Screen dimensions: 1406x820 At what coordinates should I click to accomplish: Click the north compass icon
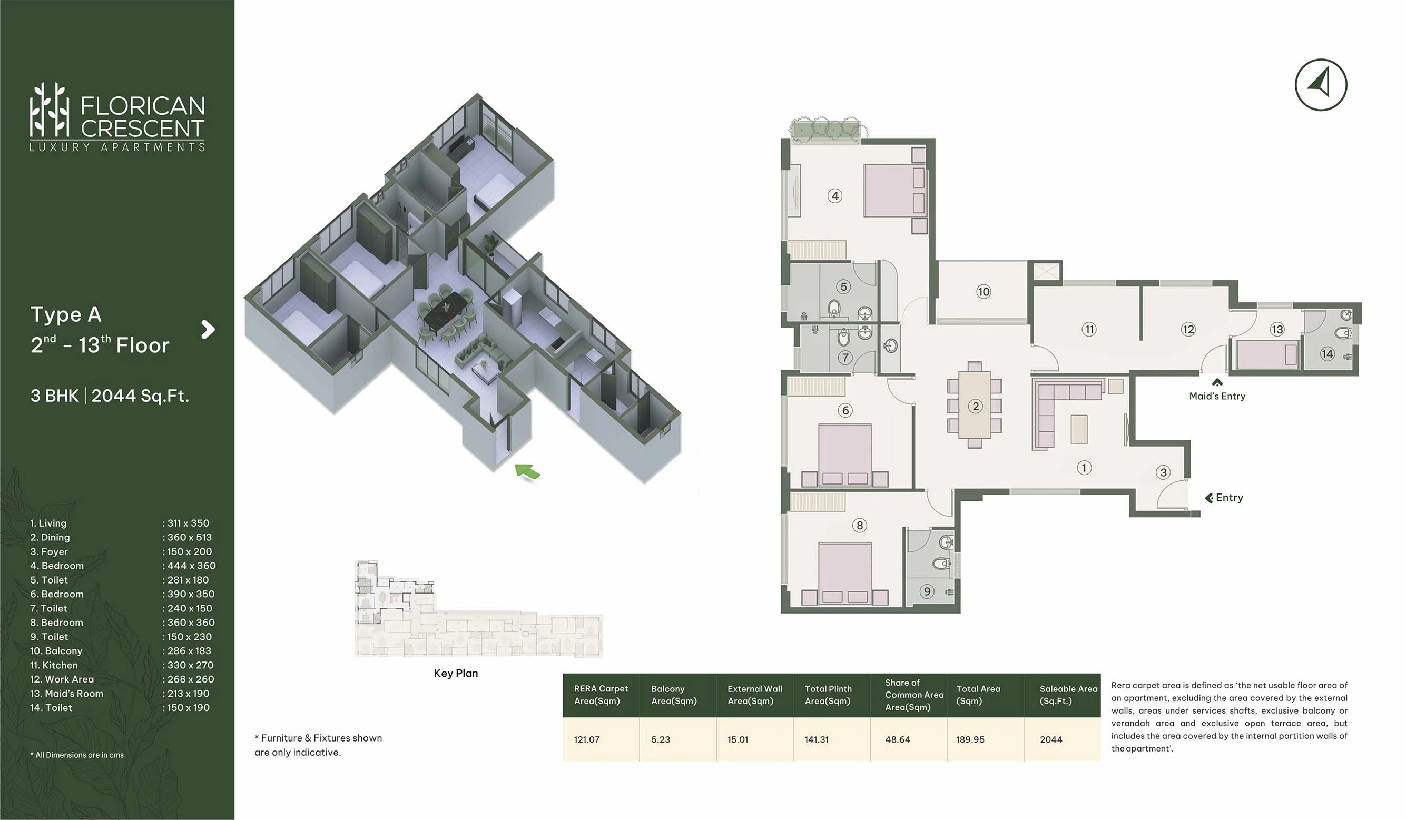1321,85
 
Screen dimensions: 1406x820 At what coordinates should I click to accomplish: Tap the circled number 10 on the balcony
983,292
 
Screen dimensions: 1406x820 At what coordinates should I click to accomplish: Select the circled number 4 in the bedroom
834,196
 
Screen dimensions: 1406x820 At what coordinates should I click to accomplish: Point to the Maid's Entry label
1217,396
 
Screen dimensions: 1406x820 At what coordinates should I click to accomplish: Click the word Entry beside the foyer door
1230,498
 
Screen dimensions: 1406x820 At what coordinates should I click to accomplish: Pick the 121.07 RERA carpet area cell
587,739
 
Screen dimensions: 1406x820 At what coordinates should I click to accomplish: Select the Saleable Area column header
1068,695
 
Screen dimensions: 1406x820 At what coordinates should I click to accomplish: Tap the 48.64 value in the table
898,739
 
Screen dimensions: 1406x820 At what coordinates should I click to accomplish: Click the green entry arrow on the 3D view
527,471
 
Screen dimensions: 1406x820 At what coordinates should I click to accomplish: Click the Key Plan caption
456,673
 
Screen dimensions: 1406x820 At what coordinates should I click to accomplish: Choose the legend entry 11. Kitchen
54,665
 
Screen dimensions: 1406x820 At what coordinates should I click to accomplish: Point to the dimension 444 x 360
191,566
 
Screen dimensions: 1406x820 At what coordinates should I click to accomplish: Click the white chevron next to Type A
208,329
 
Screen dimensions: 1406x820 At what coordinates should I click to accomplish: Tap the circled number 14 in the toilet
1327,354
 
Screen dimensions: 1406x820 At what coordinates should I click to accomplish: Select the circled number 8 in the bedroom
859,525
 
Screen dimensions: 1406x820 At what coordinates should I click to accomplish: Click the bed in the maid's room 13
1266,355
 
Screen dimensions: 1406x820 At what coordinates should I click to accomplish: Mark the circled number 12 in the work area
1188,329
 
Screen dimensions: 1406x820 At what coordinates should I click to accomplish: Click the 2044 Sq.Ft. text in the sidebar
140,396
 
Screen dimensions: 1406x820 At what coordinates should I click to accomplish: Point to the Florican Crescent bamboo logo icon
50,110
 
